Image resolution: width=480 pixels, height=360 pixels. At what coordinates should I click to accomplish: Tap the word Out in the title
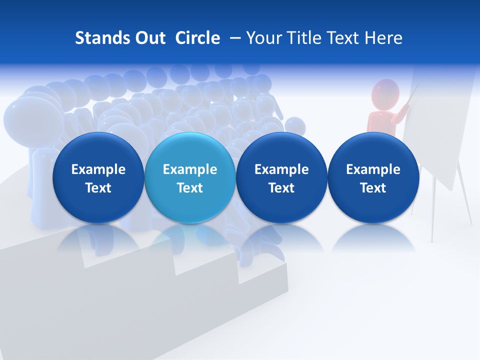pyautogui.click(x=149, y=38)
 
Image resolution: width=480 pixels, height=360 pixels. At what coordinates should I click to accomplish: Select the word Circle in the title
pyautogui.click(x=197, y=38)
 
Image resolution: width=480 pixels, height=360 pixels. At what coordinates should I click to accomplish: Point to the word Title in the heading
pyautogui.click(x=304, y=38)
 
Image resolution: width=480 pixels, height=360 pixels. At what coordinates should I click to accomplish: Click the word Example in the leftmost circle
pyautogui.click(x=98, y=169)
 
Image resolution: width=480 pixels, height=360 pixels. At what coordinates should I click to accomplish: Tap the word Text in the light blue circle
pyautogui.click(x=189, y=188)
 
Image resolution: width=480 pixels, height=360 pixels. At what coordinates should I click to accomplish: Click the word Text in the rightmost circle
pyautogui.click(x=373, y=188)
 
